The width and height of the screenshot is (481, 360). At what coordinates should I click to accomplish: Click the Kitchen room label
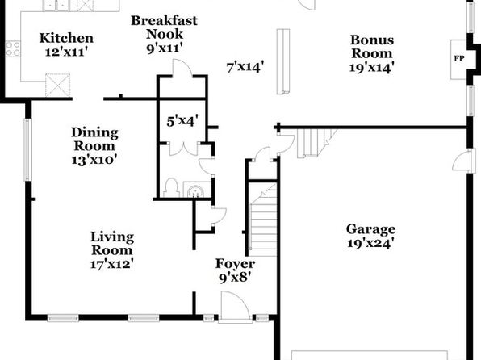pyautogui.click(x=66, y=38)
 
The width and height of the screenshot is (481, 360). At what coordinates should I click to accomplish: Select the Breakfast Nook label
pyautogui.click(x=165, y=27)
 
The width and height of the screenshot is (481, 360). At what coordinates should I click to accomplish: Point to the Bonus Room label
pyautogui.click(x=372, y=46)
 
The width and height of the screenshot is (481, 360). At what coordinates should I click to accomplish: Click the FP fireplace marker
pyautogui.click(x=459, y=58)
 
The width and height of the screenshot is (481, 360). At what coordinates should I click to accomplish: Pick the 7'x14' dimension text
pyautogui.click(x=245, y=67)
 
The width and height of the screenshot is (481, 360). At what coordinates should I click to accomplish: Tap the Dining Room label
pyautogui.click(x=94, y=139)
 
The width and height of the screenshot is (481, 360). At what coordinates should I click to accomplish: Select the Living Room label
pyautogui.click(x=112, y=244)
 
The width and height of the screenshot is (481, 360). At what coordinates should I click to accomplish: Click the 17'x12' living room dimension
pyautogui.click(x=112, y=264)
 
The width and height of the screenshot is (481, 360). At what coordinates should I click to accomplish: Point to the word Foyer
pyautogui.click(x=235, y=264)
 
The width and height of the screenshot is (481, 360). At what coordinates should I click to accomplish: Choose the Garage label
pyautogui.click(x=370, y=229)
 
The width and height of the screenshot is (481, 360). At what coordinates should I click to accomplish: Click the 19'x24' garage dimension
pyautogui.click(x=370, y=244)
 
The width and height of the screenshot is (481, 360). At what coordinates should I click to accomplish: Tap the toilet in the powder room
pyautogui.click(x=171, y=187)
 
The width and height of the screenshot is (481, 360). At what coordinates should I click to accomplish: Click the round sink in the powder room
pyautogui.click(x=195, y=191)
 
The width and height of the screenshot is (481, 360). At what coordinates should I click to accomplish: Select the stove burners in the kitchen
pyautogui.click(x=13, y=49)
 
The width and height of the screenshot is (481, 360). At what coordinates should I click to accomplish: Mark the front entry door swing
pyautogui.click(x=234, y=307)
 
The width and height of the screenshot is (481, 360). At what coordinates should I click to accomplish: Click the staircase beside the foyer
pyautogui.click(x=264, y=220)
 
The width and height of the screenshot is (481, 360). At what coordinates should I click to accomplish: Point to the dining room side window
pyautogui.click(x=27, y=149)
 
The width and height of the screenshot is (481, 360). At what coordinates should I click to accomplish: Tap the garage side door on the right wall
pyautogui.click(x=461, y=161)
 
